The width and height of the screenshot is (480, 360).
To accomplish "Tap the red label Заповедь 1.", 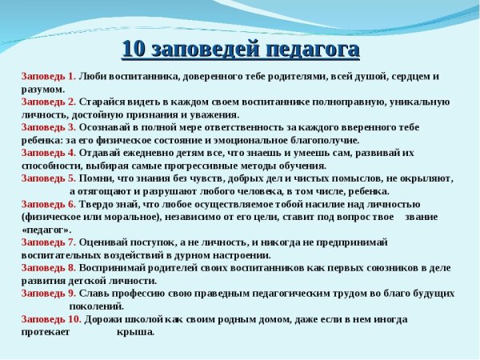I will pos(49,77).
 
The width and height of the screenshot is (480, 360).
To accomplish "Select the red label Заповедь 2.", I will pos(49,102).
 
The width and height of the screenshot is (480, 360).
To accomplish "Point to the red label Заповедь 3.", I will pos(49,127).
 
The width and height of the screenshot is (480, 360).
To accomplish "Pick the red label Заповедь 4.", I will pos(49,153).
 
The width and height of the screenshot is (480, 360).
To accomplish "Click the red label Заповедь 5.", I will pos(49,178).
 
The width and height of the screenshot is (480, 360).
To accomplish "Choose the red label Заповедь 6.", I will pos(49,204).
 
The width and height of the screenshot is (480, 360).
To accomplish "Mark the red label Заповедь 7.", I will pos(49,242).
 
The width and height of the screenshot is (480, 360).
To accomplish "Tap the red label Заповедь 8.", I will pos(49,267).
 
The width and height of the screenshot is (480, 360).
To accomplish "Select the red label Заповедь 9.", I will pos(49,293).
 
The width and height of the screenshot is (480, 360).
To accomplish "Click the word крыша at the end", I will pos(135,331).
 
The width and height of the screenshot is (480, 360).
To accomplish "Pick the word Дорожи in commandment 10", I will pos(107,318).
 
